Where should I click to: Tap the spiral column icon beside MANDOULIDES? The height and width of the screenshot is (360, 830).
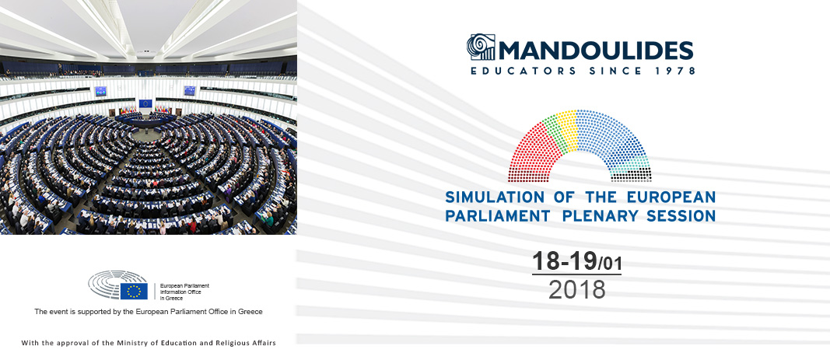(x=481, y=47)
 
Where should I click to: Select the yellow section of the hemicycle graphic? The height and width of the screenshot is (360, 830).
(x=569, y=127)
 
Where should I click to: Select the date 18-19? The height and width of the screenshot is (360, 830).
(x=564, y=261)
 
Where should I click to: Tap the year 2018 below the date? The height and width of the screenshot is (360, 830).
(x=577, y=289)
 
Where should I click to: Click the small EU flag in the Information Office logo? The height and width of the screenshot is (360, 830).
(x=134, y=291)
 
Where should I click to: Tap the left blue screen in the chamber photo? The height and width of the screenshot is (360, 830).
(x=100, y=91)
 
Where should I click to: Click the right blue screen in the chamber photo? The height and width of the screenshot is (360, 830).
(x=190, y=90)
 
